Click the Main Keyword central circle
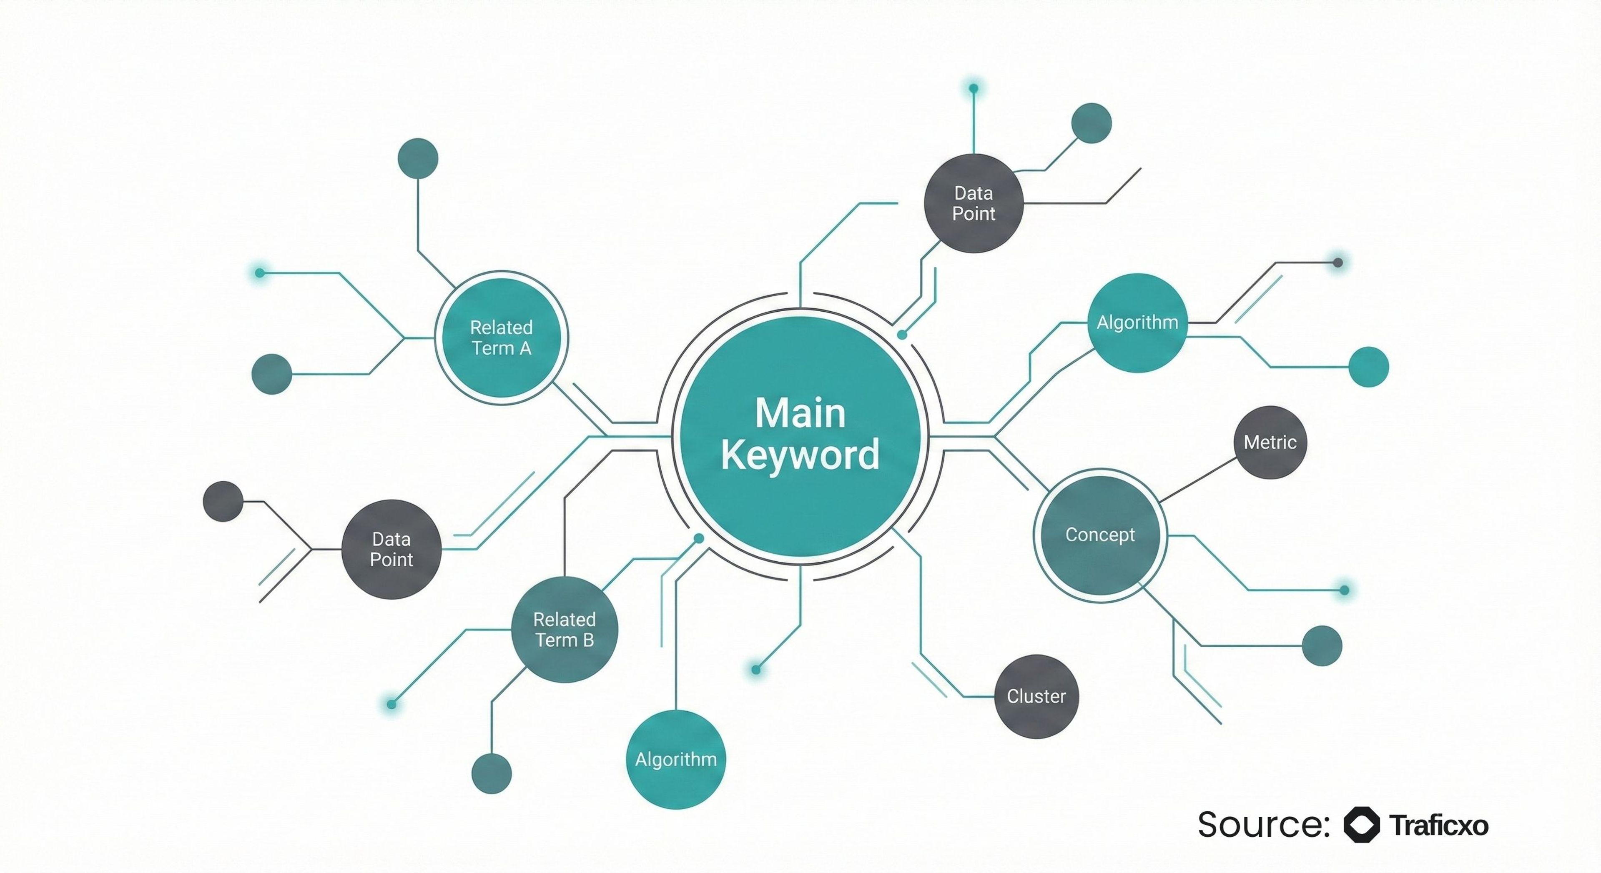click(800, 436)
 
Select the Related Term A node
click(501, 338)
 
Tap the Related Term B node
click(565, 629)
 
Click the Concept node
click(1100, 535)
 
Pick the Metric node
click(1270, 443)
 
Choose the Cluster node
click(1036, 697)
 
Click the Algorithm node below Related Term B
click(675, 759)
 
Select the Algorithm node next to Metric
click(1137, 323)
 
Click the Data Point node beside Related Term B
click(391, 549)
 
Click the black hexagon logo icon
click(1362, 825)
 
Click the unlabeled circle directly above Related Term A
click(418, 158)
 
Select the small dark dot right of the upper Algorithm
click(1338, 263)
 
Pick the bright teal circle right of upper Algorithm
click(1368, 367)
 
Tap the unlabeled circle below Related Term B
click(492, 773)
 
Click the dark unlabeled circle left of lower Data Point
click(223, 501)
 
